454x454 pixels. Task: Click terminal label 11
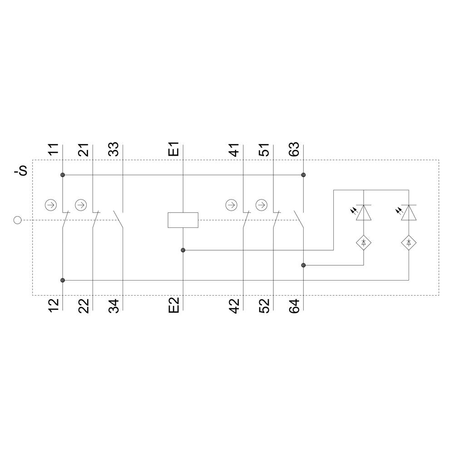[x=54, y=149]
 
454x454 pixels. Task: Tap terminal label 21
[x=84, y=149]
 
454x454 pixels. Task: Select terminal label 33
[x=114, y=149]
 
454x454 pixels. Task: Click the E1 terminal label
[x=174, y=149]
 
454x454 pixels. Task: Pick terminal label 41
[x=235, y=149]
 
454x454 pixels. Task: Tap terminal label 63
[x=295, y=149]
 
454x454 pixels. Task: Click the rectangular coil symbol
[x=183, y=220]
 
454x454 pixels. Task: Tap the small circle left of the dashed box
[x=17, y=220]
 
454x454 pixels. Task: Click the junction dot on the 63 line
[x=303, y=175]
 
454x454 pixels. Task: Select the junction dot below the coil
[x=183, y=250]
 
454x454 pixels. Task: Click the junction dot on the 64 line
[x=303, y=265]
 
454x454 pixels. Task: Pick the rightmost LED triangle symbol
[x=409, y=213]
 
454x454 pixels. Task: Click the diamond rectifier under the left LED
[x=364, y=243]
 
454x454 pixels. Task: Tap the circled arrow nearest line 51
[x=261, y=205]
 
